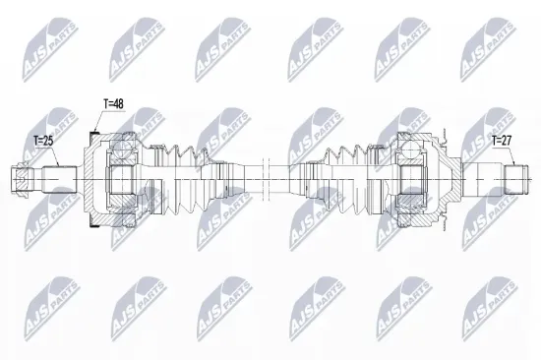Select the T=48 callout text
coord(113,103)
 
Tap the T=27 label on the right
coord(502,141)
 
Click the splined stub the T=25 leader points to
coord(59,179)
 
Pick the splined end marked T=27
coord(516,179)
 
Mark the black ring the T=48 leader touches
coord(93,133)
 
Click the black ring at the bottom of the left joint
coord(93,225)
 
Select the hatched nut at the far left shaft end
coord(22,179)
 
